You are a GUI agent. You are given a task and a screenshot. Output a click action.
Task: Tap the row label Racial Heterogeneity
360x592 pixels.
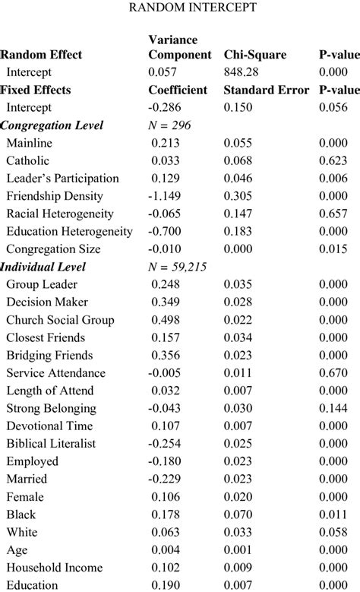[60, 214]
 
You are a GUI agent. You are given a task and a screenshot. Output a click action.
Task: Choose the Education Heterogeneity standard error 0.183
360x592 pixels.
[240, 232]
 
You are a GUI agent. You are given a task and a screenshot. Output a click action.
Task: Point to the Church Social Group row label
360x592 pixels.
[61, 320]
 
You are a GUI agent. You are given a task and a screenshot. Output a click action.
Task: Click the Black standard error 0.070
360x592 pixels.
[240, 514]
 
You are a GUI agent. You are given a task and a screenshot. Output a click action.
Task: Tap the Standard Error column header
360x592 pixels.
[266, 90]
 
